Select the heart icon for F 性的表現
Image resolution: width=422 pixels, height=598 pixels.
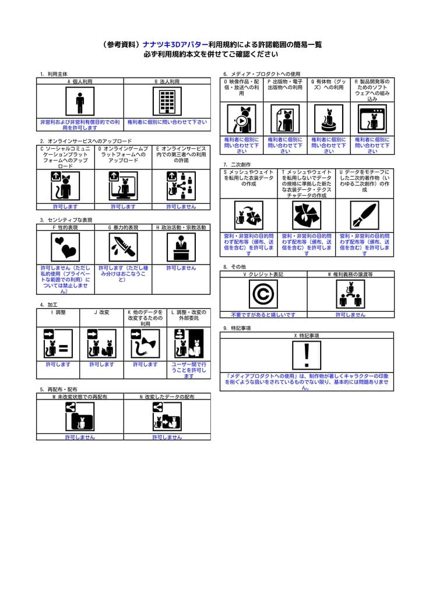(65, 248)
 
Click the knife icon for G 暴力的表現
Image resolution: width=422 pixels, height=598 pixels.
(123, 248)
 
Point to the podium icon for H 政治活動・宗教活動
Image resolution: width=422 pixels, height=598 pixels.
(181, 248)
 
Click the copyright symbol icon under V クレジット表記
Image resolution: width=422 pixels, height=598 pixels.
(263, 294)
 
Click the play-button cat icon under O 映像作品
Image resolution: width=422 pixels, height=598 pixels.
(241, 119)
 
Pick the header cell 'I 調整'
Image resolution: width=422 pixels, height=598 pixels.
(58, 312)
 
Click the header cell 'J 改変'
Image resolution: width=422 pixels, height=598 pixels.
(101, 312)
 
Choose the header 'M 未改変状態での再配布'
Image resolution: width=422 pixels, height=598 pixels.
(80, 397)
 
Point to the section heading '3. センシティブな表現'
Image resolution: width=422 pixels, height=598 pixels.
(66, 220)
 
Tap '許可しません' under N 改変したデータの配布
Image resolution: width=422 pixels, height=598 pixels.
(167, 437)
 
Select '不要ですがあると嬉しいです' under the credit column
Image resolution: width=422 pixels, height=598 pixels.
(263, 314)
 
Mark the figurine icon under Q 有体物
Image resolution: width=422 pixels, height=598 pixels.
(329, 119)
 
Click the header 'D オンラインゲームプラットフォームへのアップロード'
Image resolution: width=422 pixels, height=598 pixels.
(123, 154)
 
